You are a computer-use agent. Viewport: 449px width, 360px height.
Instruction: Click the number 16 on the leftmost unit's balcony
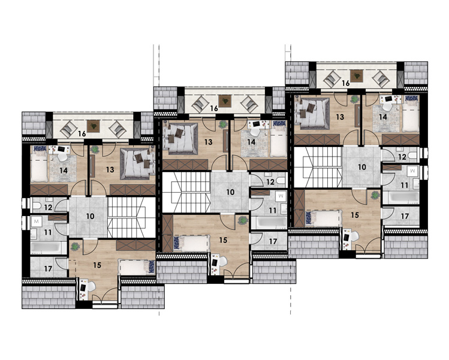[x=82, y=134]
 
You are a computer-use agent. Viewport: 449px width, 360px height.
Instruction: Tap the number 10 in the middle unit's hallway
[x=231, y=192]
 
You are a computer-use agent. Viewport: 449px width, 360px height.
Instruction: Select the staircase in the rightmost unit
[x=318, y=167]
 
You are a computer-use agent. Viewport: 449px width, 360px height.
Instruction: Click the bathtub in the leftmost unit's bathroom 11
[x=49, y=248]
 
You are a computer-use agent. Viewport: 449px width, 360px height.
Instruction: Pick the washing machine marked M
[x=37, y=221]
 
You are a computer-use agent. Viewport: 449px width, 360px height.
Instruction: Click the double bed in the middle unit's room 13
[x=180, y=139]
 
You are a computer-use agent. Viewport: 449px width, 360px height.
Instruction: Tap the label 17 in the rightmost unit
[x=405, y=216]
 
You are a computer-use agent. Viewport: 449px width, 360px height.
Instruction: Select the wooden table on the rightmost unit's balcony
[x=357, y=76]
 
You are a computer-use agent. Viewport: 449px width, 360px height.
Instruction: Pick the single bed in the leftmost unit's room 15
[x=137, y=267]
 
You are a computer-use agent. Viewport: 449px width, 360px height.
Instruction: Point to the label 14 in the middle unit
[x=251, y=142]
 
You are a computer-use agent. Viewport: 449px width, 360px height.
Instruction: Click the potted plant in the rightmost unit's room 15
[x=375, y=196]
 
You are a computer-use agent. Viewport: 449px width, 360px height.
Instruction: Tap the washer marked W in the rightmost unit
[x=412, y=171]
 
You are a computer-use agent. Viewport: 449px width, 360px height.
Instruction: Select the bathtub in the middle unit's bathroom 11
[x=269, y=223]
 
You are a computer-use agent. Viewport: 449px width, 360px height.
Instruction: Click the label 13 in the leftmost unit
[x=110, y=170]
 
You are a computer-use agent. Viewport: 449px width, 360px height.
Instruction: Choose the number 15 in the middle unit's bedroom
[x=223, y=240]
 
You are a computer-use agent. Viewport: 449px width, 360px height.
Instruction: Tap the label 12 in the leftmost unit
[x=48, y=207]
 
